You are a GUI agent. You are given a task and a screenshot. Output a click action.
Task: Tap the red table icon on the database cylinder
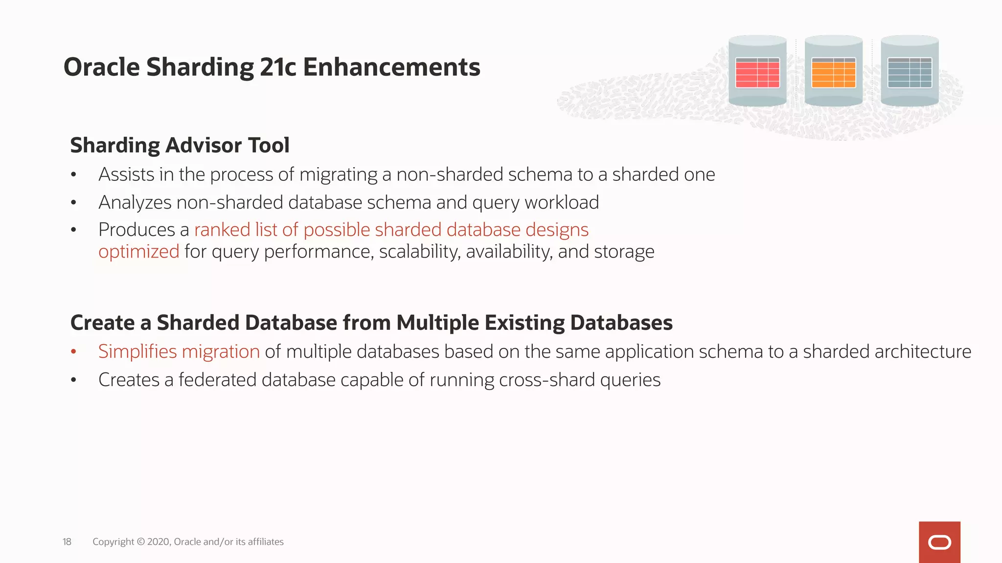757,73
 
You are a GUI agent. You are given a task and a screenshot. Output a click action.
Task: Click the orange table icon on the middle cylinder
833,73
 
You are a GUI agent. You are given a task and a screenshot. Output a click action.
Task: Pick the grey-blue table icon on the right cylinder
910,73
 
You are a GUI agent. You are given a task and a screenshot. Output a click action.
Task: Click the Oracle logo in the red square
939,542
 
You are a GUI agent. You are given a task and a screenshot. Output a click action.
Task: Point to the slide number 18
67,541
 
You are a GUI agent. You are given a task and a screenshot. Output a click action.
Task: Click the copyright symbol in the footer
141,541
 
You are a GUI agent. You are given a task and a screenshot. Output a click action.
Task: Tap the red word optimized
139,252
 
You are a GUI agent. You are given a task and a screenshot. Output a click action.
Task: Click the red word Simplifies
137,352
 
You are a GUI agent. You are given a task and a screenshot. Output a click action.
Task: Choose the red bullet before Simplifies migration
74,351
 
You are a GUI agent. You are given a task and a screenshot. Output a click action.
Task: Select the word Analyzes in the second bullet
135,203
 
